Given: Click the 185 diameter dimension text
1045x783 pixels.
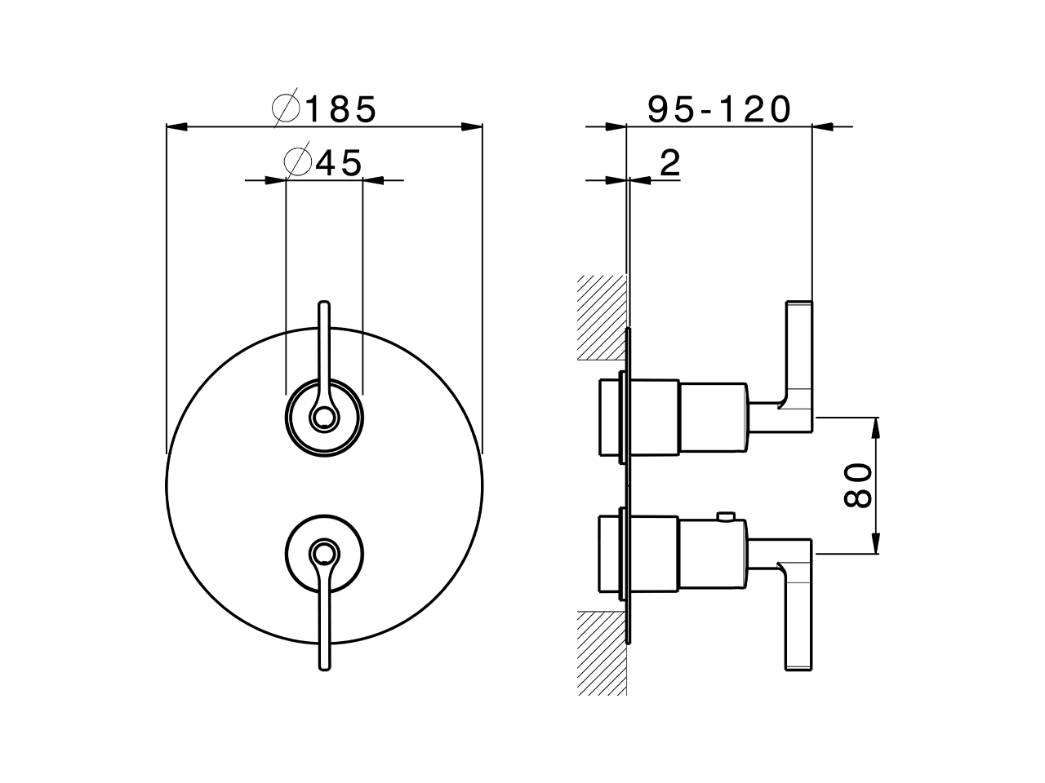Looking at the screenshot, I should point(340,109).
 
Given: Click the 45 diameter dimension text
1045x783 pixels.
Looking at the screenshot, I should point(338,163).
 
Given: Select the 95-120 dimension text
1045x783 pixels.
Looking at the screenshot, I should point(719,109).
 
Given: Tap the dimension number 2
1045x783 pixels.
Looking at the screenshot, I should point(669,163).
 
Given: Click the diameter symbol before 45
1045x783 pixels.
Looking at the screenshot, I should point(298,163).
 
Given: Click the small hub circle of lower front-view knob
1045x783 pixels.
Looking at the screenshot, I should point(324,556).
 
